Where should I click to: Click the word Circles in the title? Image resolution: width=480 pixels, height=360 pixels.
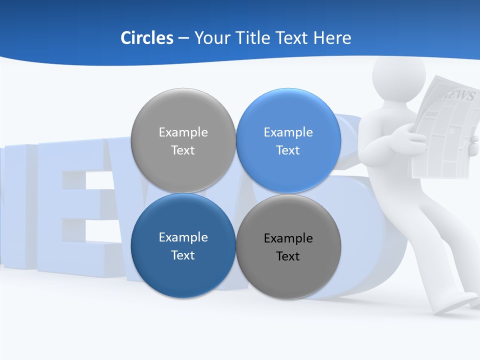click(x=147, y=38)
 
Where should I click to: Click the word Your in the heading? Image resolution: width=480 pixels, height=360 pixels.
click(x=211, y=38)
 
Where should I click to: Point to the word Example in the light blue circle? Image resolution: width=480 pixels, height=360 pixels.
click(x=288, y=132)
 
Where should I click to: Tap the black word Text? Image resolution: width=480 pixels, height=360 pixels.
click(x=288, y=256)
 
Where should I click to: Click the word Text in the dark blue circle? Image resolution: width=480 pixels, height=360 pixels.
click(x=183, y=255)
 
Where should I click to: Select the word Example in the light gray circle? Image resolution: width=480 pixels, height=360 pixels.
click(x=183, y=132)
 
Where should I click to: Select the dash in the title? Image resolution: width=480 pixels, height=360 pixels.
click(x=183, y=38)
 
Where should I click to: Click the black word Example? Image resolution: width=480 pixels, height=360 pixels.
click(x=288, y=238)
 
